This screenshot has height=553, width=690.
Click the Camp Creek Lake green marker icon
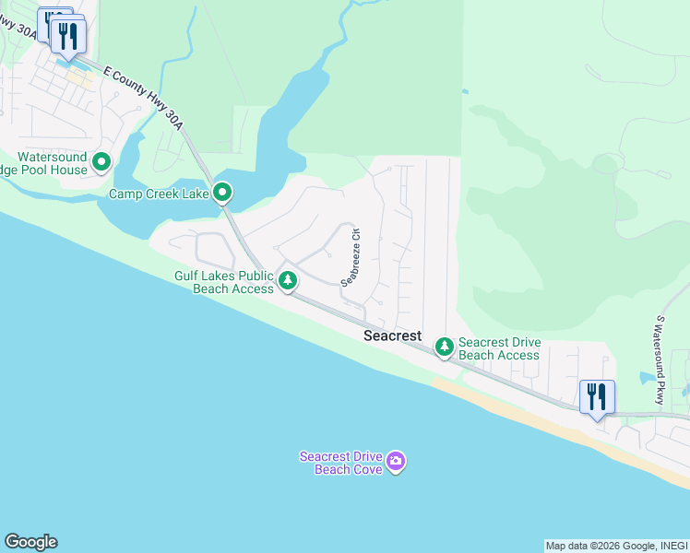tap(222, 193)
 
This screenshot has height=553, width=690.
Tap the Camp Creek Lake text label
tap(159, 194)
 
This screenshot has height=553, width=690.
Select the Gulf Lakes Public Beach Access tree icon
tap(288, 279)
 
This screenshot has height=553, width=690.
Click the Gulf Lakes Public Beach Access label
tap(224, 282)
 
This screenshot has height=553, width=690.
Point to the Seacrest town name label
tap(391, 337)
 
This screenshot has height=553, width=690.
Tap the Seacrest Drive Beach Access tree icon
tap(445, 346)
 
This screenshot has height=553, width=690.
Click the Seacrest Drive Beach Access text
tap(499, 348)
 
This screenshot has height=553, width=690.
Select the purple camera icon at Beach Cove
tap(396, 461)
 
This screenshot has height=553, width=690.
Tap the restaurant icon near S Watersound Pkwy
tap(597, 397)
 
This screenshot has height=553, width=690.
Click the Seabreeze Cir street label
tap(351, 259)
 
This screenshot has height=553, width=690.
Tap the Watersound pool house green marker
tap(101, 163)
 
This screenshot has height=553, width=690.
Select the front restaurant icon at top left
tap(68, 36)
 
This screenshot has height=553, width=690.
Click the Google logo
tap(30, 542)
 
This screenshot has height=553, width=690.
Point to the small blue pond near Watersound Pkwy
tap(647, 377)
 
